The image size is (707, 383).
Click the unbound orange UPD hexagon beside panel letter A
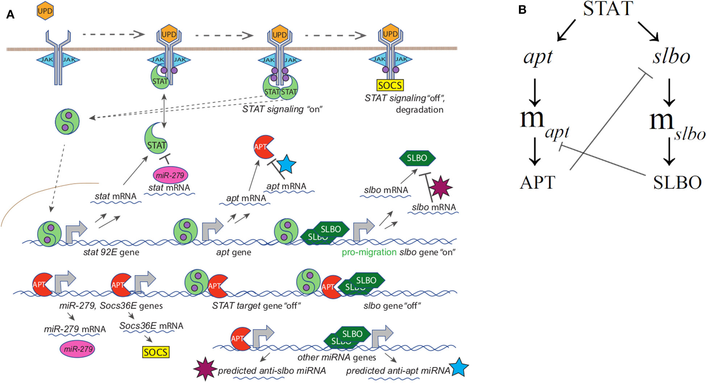coord(45,11)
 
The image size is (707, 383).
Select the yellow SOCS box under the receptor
coord(390,85)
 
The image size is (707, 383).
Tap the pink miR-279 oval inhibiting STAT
coord(170,175)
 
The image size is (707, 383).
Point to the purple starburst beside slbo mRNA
coord(440,187)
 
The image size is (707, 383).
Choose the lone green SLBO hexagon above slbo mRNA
coord(417,158)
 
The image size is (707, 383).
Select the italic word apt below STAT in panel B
coord(538,57)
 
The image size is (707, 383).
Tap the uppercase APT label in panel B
coord(537,182)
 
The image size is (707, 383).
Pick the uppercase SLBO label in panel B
coord(677,183)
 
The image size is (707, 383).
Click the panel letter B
coord(522,10)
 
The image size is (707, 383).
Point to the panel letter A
coord(11,14)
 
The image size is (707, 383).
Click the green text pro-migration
coord(369,252)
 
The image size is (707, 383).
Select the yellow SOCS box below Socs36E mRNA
coord(156,352)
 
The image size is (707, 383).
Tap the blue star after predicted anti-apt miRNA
coord(458,367)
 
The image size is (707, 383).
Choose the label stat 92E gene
coord(111,252)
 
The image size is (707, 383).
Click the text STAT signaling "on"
coord(282,109)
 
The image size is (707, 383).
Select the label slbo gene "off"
coord(392,306)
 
